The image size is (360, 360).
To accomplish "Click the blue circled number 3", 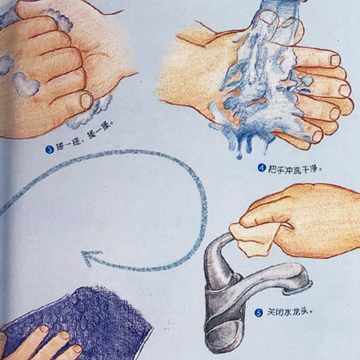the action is coord(49,149).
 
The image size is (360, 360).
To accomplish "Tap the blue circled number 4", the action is coord(261,168).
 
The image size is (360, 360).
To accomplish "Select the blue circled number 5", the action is coord(259,313).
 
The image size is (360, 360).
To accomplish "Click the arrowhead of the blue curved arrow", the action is coord(89,258).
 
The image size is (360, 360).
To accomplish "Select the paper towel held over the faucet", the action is coord(252,238).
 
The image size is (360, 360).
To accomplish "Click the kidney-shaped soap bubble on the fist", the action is coord(26,84).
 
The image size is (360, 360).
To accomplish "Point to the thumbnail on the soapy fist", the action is coord(86,101).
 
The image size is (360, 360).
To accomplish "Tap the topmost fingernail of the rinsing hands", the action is coord(269,18).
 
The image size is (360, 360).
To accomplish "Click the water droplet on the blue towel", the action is coord(75,299).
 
